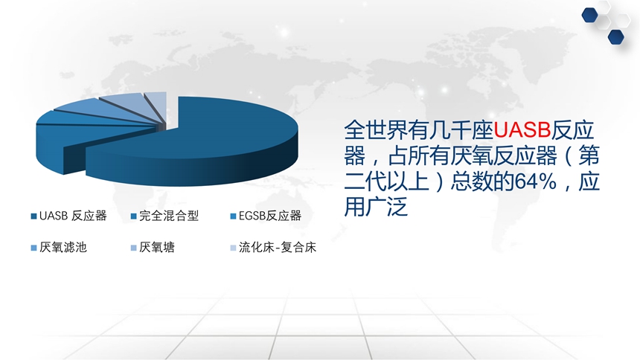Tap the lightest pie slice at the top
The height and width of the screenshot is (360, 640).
pyautogui.click(x=157, y=102)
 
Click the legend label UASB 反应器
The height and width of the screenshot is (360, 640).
pyautogui.click(x=73, y=216)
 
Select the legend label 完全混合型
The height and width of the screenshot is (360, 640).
pyautogui.click(x=169, y=216)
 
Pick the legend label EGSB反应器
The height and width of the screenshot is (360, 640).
pyautogui.click(x=270, y=216)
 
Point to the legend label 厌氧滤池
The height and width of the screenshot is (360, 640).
pyautogui.click(x=63, y=248)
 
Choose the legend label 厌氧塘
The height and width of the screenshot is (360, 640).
pyautogui.click(x=157, y=248)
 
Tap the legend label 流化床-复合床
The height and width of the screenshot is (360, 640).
pyautogui.click(x=278, y=248)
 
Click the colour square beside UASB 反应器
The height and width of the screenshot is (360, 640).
pyautogui.click(x=34, y=216)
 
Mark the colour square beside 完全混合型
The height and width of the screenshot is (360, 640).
pyautogui.click(x=133, y=216)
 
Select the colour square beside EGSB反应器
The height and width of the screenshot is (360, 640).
pyautogui.click(x=234, y=216)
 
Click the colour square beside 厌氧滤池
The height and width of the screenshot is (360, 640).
pyautogui.click(x=34, y=248)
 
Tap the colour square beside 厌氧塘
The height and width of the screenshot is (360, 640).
pyautogui.click(x=133, y=248)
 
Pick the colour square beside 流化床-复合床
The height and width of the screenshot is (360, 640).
pyautogui.click(x=234, y=248)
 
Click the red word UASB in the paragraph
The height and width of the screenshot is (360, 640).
pyautogui.click(x=522, y=130)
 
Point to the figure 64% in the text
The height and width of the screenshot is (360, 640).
pyautogui.click(x=536, y=181)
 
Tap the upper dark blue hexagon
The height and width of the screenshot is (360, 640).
pyautogui.click(x=590, y=16)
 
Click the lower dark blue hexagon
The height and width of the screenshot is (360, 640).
pyautogui.click(x=616, y=36)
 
